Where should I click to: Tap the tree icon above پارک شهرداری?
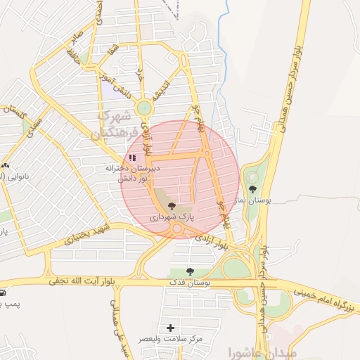[172, 206]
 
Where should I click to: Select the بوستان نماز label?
[252, 201]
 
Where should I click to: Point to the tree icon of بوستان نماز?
[252, 188]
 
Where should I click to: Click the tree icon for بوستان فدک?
[189, 271]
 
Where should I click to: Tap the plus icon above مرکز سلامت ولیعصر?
[170, 328]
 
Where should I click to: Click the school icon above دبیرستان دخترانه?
[132, 157]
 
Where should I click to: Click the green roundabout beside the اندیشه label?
[144, 108]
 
